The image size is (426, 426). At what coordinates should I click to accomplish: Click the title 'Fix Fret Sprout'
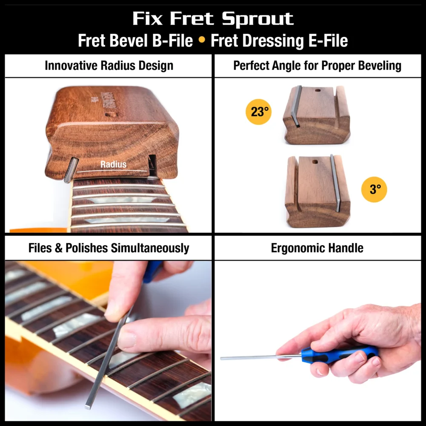tap(213, 19)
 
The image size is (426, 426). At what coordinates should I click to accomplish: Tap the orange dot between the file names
tap(202, 41)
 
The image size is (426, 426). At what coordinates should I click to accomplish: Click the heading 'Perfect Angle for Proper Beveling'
tap(317, 66)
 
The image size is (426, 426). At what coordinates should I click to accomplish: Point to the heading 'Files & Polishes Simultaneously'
tap(109, 248)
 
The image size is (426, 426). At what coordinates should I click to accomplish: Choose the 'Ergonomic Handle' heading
tap(317, 248)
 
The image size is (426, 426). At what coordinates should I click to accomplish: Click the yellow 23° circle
tap(258, 112)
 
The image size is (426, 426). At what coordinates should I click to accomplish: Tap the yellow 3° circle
tap(374, 189)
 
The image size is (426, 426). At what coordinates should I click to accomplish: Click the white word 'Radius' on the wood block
tap(113, 164)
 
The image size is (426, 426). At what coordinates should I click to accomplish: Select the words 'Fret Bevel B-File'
tap(135, 41)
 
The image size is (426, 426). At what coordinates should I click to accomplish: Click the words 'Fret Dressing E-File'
tap(279, 41)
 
